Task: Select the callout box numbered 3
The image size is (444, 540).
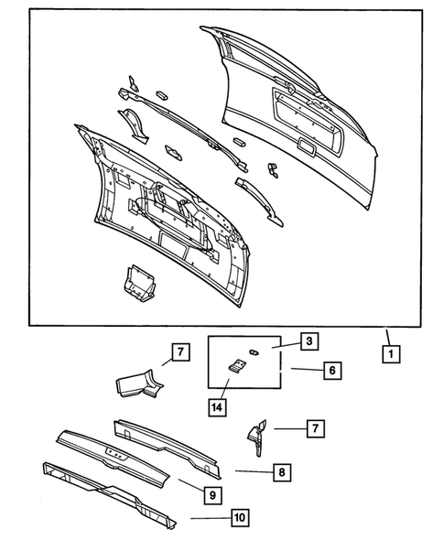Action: click(309, 340)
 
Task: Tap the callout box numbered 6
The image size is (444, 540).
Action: click(331, 370)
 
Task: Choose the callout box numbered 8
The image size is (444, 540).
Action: click(282, 472)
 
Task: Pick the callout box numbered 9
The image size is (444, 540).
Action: click(211, 495)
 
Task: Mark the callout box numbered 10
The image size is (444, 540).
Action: click(239, 519)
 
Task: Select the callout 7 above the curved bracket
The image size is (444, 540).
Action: click(180, 351)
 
